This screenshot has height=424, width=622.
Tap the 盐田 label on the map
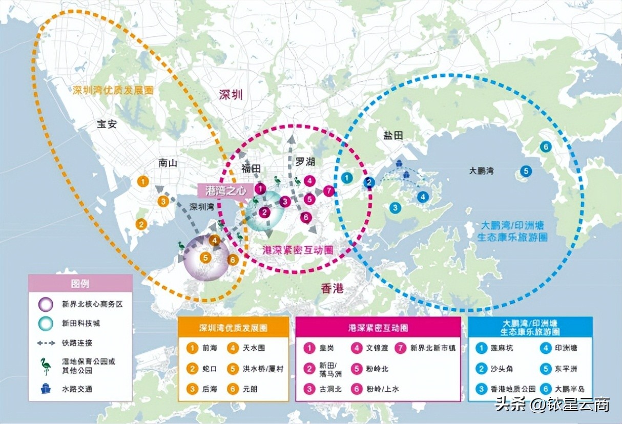click(x=393, y=135)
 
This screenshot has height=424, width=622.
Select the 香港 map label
click(x=332, y=289)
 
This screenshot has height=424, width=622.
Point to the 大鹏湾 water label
click(x=481, y=171)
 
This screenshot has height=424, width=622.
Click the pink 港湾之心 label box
click(x=225, y=190)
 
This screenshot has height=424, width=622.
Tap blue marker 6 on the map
click(x=546, y=147)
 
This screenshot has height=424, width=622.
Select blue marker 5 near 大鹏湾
click(x=526, y=171)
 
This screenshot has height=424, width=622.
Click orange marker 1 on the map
click(x=143, y=181)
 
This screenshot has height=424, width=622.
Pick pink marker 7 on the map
click(x=329, y=191)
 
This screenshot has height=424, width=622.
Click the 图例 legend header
click(x=80, y=283)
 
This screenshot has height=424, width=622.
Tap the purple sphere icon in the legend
click(x=46, y=304)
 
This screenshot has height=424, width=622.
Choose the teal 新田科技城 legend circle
click(x=46, y=324)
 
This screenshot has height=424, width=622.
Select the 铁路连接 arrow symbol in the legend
click(x=46, y=343)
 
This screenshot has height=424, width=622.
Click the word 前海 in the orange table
click(x=210, y=348)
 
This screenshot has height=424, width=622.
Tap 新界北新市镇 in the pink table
click(x=432, y=348)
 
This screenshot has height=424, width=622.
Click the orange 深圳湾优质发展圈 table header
click(x=233, y=327)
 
